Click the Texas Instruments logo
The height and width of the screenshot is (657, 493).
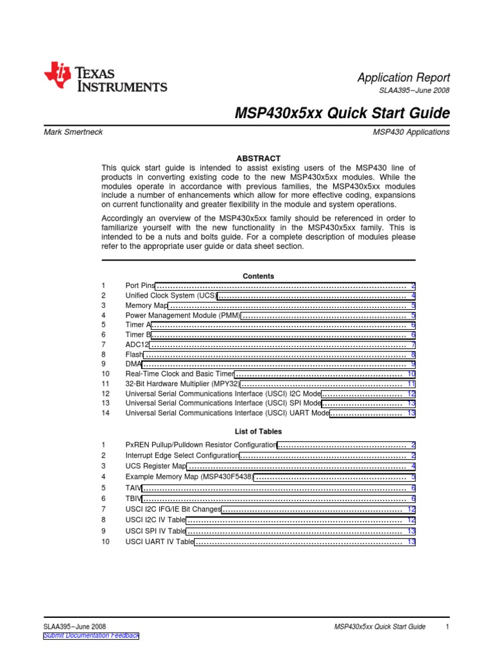105,78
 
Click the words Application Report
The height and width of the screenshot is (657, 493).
403,78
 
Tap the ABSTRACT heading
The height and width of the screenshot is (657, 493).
258,158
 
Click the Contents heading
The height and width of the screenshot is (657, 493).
258,276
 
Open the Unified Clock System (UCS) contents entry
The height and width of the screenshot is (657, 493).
171,296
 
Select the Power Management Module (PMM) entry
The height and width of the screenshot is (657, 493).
182,316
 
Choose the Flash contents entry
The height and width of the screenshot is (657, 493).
134,354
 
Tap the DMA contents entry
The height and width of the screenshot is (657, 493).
133,364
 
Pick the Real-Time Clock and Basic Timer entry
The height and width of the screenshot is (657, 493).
179,374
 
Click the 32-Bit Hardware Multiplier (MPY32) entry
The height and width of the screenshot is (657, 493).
182,384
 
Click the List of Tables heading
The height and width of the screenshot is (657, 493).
258,432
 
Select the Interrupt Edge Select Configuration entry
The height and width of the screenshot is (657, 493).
182,456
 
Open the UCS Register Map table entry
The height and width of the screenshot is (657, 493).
155,466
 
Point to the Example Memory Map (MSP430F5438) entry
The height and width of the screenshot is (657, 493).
189,477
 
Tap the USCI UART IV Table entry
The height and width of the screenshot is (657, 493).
159,542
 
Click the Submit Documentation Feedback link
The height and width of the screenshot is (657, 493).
91,635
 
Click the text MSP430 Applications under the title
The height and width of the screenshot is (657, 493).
411,132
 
